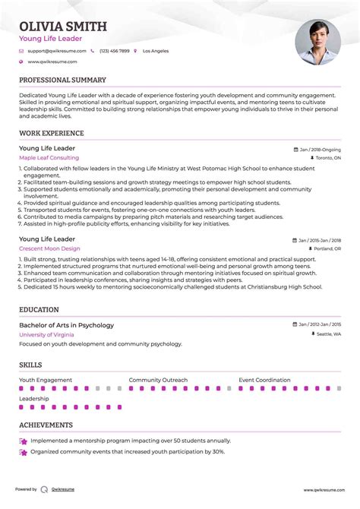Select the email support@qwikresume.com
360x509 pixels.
[52, 51]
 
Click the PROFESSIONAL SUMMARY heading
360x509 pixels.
[62, 80]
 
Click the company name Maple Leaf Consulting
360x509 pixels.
[49, 158]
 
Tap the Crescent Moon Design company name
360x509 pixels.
[49, 248]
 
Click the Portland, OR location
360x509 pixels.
[327, 249]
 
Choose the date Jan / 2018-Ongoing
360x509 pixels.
[320, 150]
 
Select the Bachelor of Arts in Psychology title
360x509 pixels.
[66, 325]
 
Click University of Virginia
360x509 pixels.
[47, 334]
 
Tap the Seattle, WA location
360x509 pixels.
[328, 335]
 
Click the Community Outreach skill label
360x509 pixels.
[157, 380]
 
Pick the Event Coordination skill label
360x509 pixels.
[264, 380]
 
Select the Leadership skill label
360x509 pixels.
[34, 398]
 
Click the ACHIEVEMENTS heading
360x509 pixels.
[46, 425]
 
